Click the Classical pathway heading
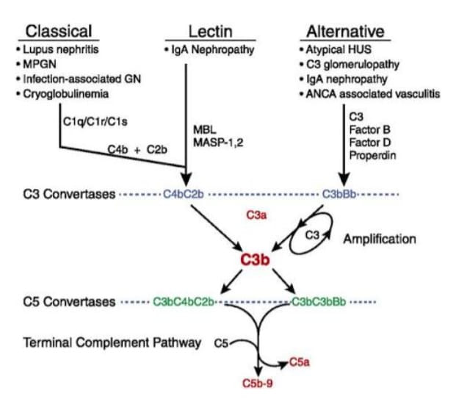pos(59,32)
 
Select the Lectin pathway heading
pos(211,32)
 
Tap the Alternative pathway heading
pos(345,32)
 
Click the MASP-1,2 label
pos(218,142)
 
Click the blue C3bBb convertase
pos(341,195)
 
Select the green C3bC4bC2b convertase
pos(184,302)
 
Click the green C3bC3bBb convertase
pos(324,302)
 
